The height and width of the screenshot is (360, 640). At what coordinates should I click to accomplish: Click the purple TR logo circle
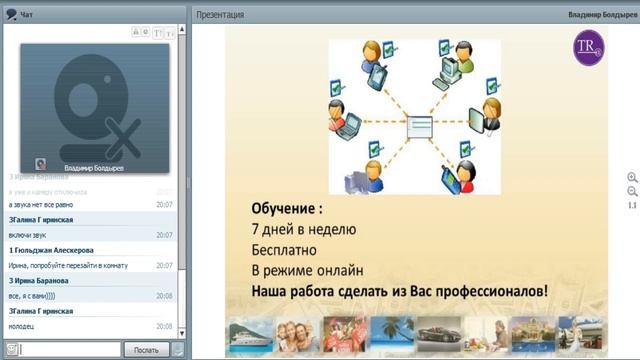[588, 48]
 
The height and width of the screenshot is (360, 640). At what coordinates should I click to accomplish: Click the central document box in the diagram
[414, 127]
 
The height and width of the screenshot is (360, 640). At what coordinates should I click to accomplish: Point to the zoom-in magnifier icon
[632, 177]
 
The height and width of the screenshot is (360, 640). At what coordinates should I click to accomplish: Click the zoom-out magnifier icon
[632, 191]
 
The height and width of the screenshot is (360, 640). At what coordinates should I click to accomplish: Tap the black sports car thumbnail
[437, 335]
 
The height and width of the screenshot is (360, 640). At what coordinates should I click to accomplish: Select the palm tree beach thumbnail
[391, 335]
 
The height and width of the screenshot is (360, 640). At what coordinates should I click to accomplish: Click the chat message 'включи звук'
[28, 235]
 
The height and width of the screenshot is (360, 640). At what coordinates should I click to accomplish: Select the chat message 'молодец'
[22, 326]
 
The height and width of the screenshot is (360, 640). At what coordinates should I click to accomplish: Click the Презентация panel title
[220, 15]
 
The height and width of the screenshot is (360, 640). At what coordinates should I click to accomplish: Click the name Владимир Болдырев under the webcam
[94, 168]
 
